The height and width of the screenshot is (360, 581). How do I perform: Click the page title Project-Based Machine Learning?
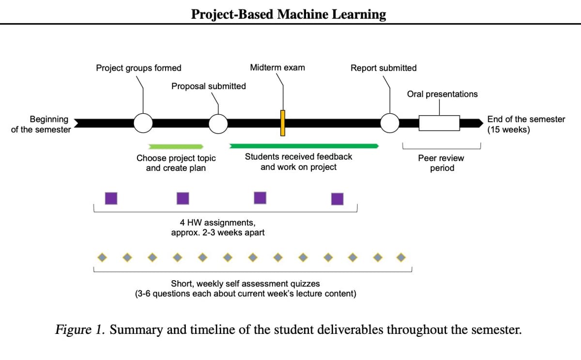289,14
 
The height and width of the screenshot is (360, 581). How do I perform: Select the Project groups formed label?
138,68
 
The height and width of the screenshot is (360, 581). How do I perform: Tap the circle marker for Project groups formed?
143,123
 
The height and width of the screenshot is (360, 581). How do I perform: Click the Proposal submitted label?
208,86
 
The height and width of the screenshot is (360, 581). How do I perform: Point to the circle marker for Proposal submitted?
218,124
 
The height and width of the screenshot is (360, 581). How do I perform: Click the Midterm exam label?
277,68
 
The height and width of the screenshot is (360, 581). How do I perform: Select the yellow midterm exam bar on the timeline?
283,123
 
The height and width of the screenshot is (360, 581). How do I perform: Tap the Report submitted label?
383,68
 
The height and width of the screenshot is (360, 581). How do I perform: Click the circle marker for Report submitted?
390,123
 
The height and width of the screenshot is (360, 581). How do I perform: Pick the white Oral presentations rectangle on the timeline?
439,123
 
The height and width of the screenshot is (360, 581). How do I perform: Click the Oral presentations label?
442,94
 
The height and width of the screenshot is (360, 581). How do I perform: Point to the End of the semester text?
526,124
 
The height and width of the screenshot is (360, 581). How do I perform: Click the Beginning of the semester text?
41,124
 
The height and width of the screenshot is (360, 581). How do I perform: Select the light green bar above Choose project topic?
176,146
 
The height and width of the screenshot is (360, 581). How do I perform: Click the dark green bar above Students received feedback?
304,146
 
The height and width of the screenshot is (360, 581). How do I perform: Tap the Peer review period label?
441,163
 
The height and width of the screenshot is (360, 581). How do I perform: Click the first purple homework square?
111,198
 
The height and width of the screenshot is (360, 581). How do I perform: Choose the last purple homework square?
337,199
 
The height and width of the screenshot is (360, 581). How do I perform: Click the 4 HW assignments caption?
217,227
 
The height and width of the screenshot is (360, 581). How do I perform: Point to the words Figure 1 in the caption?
80,330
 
